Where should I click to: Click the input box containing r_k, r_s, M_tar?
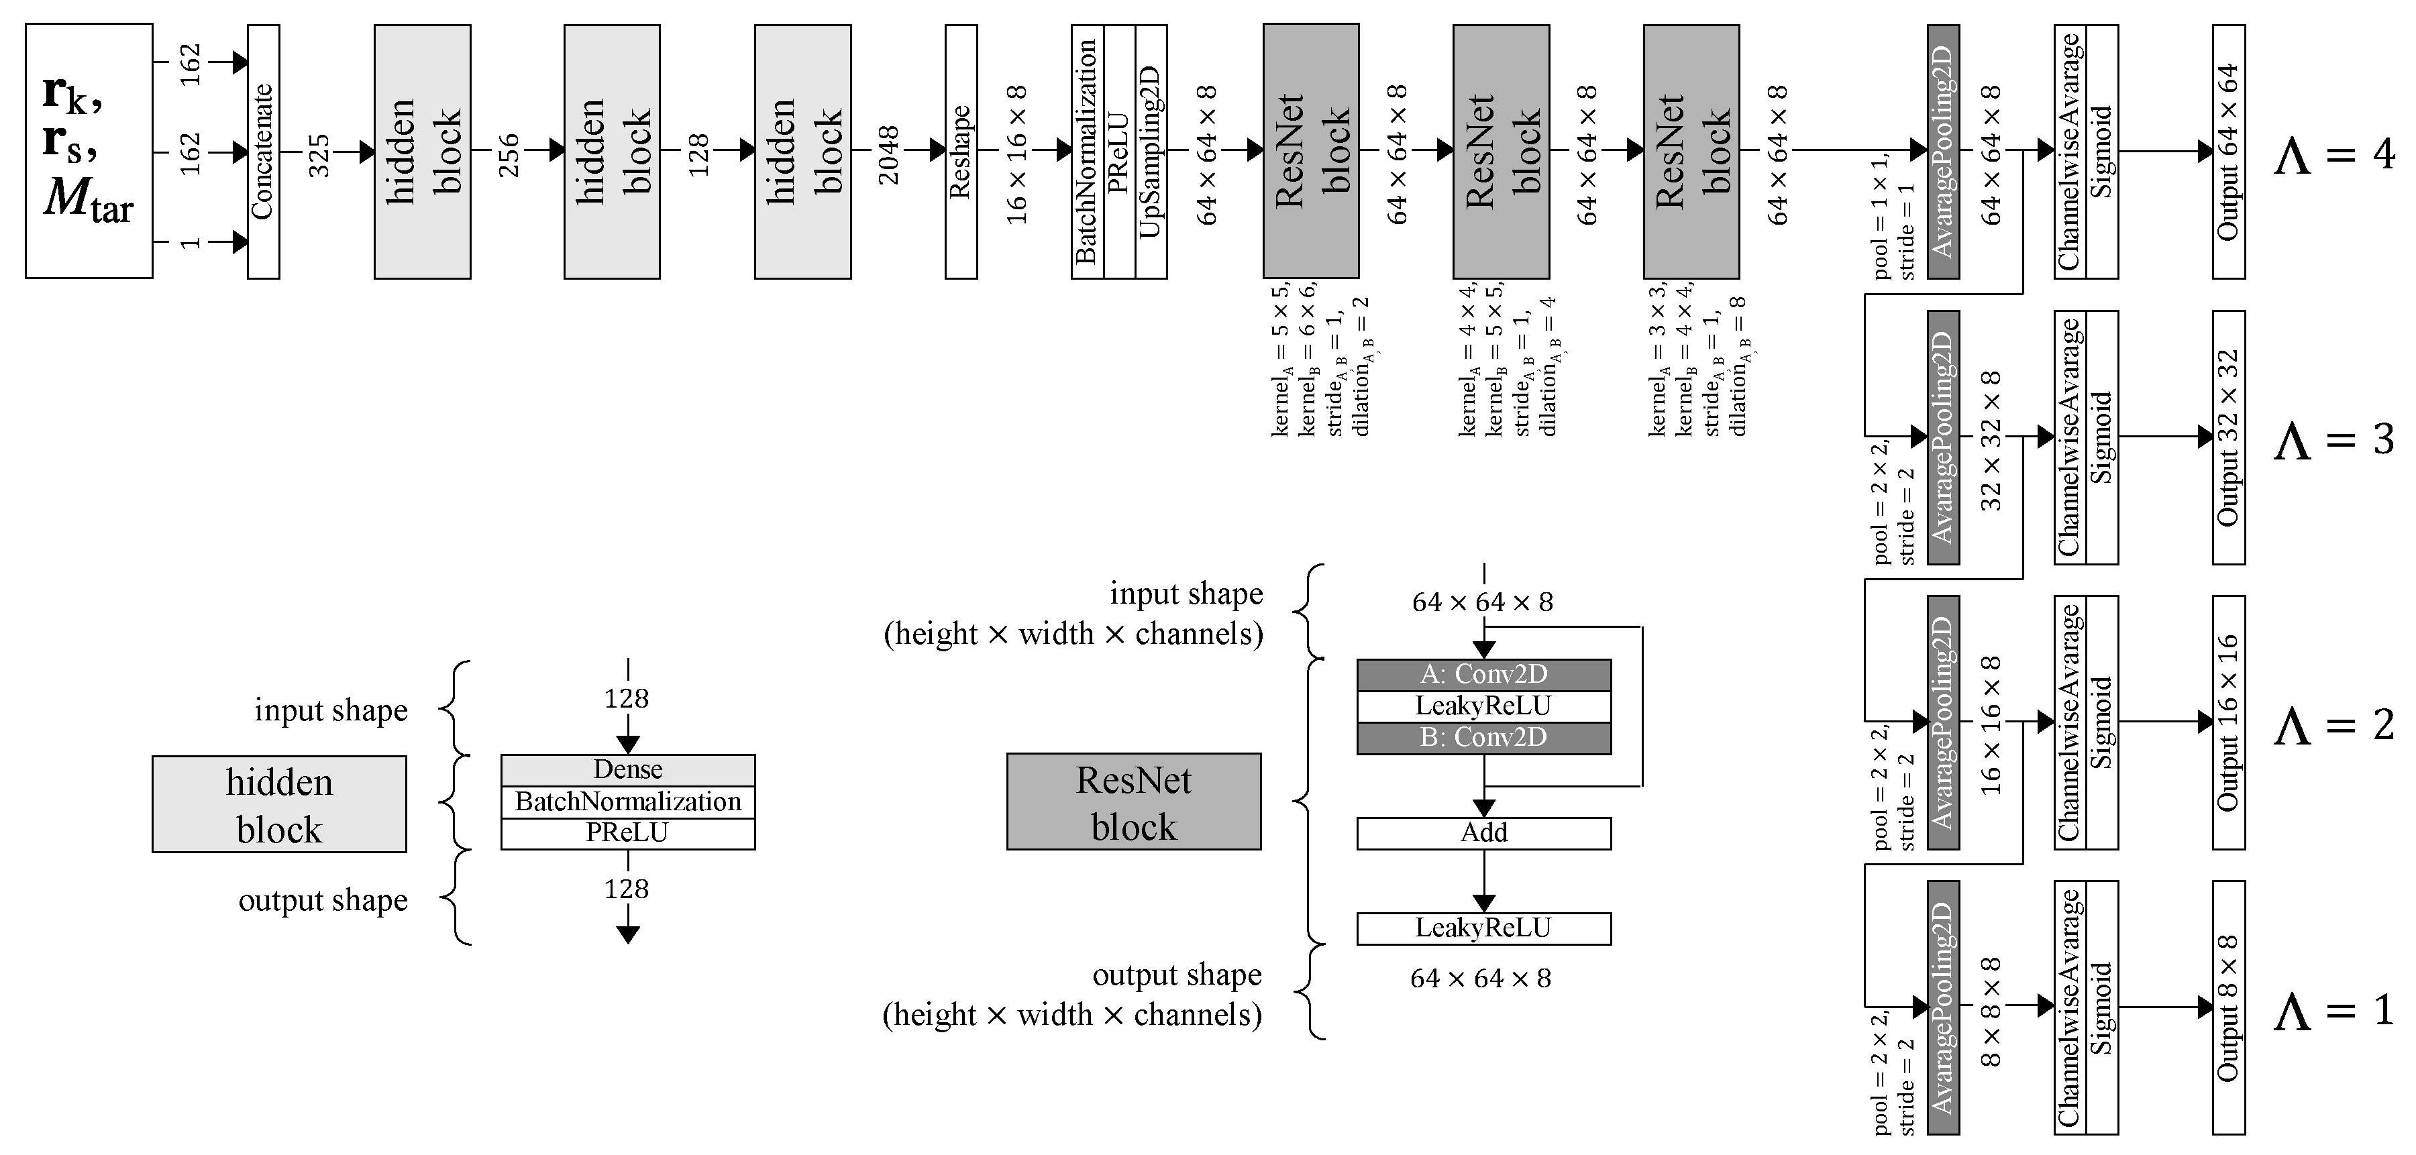[x=89, y=151]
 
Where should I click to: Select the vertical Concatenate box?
[x=264, y=151]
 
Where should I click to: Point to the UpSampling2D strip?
[x=1151, y=151]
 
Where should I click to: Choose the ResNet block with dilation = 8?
[x=1691, y=151]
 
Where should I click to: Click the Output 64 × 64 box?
[x=2228, y=151]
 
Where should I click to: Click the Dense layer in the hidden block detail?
[x=627, y=770]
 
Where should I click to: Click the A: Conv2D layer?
[x=1483, y=674]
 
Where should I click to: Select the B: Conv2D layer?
[x=1483, y=738]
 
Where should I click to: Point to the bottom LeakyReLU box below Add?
[x=1483, y=928]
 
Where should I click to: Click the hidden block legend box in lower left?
[x=280, y=804]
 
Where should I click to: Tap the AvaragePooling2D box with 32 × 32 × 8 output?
[x=1943, y=438]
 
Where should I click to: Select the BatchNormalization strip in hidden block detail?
[x=627, y=802]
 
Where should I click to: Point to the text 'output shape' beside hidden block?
[x=323, y=901]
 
